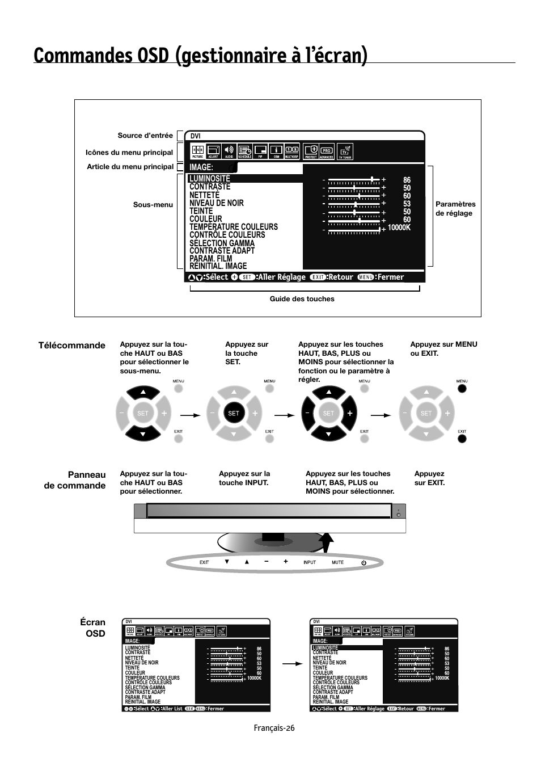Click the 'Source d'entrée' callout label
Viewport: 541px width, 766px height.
[x=145, y=136]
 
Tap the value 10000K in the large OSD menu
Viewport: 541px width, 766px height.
[x=399, y=228]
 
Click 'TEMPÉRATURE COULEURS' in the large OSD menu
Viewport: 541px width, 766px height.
[x=234, y=227]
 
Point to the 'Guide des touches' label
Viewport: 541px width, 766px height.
[x=302, y=299]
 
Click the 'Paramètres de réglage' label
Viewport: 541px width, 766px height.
[x=455, y=208]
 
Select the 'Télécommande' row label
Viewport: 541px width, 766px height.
[x=71, y=345]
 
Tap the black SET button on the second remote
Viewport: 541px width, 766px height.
[x=234, y=414]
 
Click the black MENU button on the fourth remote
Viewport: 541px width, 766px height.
[x=462, y=389]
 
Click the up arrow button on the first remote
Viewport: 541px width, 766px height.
[x=143, y=392]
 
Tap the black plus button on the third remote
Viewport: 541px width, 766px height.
[x=350, y=414]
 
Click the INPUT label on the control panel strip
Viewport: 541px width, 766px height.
[x=310, y=562]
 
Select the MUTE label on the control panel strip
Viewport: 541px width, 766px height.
[x=337, y=562]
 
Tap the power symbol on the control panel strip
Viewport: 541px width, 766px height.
[x=364, y=562]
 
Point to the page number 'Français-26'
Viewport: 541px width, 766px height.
[x=274, y=729]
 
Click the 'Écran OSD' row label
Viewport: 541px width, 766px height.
[x=92, y=627]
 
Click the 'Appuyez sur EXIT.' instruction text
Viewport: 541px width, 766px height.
[x=429, y=478]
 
